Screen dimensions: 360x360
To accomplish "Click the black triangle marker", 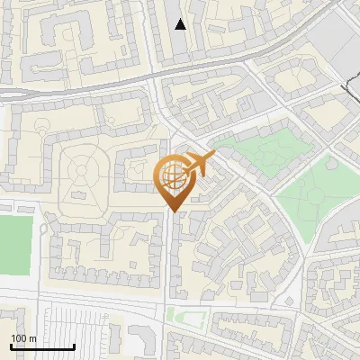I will (x=181, y=24).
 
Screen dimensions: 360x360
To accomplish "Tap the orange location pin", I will (x=175, y=181).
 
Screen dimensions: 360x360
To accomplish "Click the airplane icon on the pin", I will (x=201, y=164).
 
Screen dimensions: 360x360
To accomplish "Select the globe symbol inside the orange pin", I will (x=173, y=177).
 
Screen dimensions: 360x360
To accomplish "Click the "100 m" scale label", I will (x=24, y=338).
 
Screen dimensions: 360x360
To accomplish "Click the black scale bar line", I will (x=42, y=346).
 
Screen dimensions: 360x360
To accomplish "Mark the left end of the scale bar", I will (x=11, y=346).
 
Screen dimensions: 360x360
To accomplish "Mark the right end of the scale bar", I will (x=74, y=346).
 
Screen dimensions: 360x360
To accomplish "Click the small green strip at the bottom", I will (x=184, y=315).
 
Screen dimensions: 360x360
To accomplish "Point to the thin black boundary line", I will (x=349, y=90).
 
